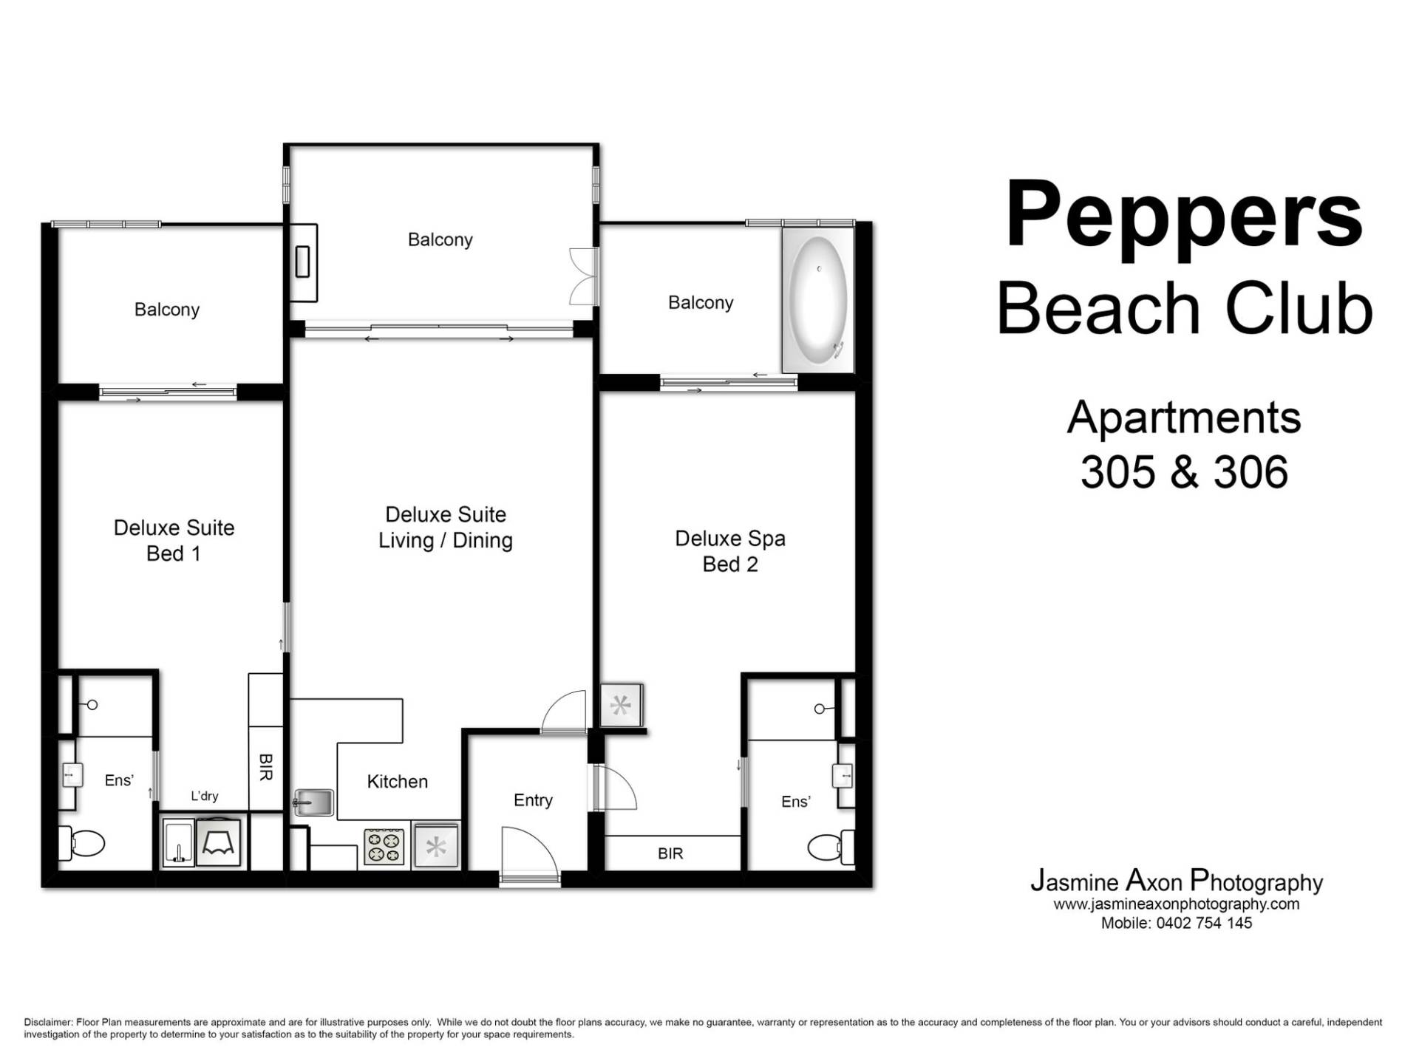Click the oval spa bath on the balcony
click(x=818, y=298)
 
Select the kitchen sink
click(x=315, y=802)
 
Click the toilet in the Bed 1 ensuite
click(x=84, y=843)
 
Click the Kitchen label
click(x=397, y=782)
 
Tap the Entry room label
click(x=533, y=800)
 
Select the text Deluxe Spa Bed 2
click(x=729, y=551)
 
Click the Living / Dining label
click(x=445, y=540)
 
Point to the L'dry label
click(x=204, y=796)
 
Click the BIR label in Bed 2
click(x=670, y=854)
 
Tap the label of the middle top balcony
click(x=440, y=239)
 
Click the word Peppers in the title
click(x=1183, y=214)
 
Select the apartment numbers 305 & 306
click(x=1184, y=471)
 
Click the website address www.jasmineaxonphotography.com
click(x=1176, y=904)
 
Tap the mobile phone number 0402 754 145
click(x=1202, y=923)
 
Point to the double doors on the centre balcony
click(x=583, y=276)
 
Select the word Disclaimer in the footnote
click(x=47, y=1023)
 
